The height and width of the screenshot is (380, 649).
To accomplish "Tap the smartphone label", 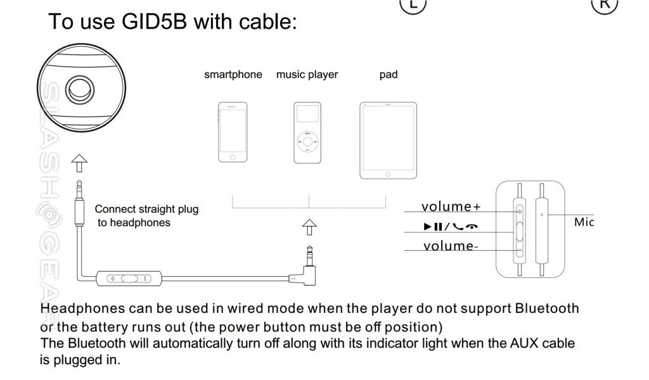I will click(x=233, y=75).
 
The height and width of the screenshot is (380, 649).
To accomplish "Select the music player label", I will click(x=307, y=75).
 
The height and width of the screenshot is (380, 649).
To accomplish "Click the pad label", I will click(x=388, y=75).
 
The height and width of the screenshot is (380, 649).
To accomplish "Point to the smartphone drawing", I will click(x=232, y=132).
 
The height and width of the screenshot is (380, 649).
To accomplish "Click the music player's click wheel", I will click(x=307, y=142).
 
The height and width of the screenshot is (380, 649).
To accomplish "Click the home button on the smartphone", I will click(x=232, y=156).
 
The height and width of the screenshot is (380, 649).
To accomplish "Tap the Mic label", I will click(x=582, y=222).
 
